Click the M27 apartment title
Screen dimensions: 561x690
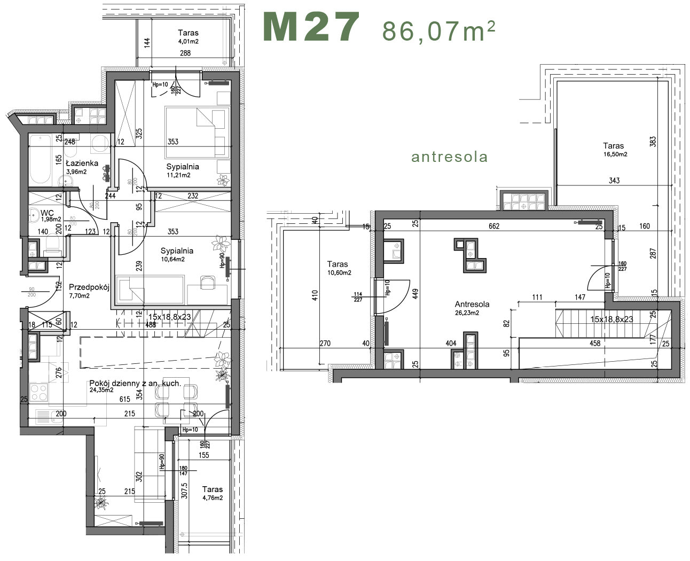point(311,28)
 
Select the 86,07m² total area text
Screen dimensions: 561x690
point(438,31)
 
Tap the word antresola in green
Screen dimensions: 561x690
point(449,157)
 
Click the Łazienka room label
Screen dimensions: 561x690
point(82,163)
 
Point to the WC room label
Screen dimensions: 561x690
point(47,213)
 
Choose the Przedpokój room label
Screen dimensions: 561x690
point(89,287)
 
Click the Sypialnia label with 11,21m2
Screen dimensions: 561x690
point(182,167)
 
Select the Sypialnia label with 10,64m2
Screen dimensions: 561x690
point(177,251)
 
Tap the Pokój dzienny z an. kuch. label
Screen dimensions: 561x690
point(135,384)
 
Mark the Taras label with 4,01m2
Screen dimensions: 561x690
point(188,33)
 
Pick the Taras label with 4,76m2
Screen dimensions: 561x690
point(212,489)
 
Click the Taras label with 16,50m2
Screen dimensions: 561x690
point(613,146)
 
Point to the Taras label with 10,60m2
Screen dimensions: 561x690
point(337,264)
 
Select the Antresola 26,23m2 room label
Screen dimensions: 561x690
point(472,305)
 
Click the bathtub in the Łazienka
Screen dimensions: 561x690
point(40,160)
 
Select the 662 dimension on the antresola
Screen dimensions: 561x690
point(493,227)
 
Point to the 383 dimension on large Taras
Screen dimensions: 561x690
point(653,142)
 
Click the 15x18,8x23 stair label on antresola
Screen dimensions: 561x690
point(611,319)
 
